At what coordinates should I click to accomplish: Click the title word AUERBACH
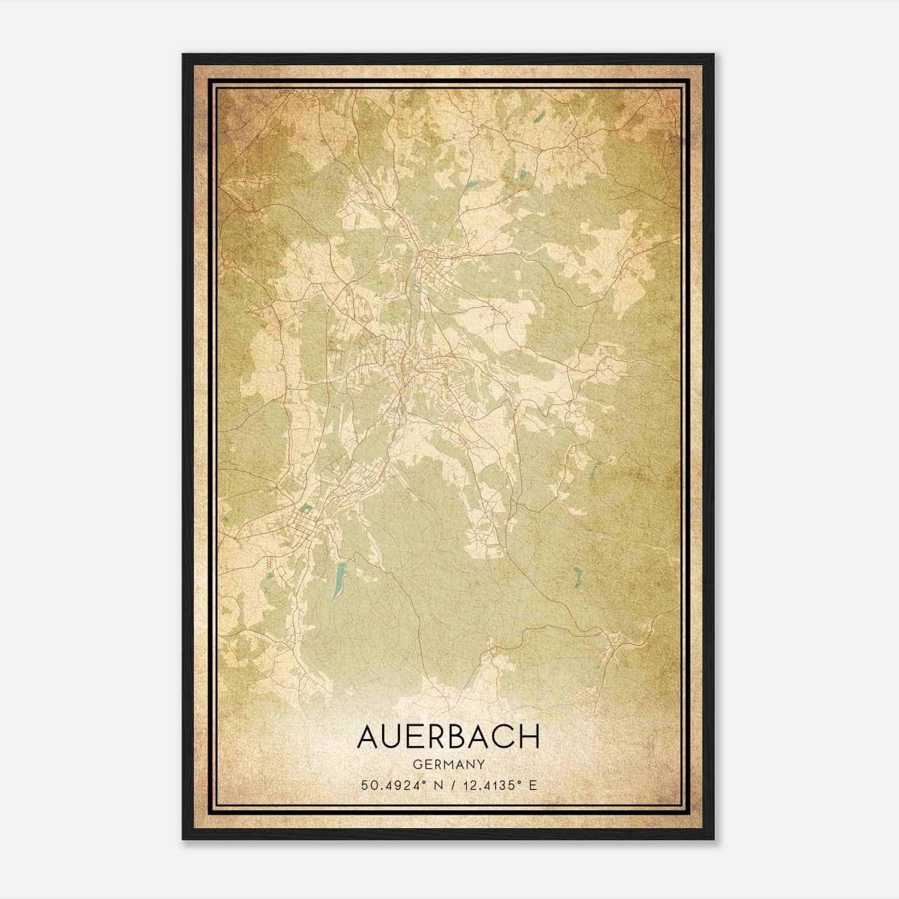tap(448, 737)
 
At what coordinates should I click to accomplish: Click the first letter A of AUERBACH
tap(369, 737)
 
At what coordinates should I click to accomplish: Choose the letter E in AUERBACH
tap(416, 737)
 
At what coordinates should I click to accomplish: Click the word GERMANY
tap(448, 764)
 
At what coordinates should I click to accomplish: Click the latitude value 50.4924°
tap(392, 785)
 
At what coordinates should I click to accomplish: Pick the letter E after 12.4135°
tap(533, 785)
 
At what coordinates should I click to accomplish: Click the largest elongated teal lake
tap(339, 580)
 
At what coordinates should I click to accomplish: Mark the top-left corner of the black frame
tap(183, 55)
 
